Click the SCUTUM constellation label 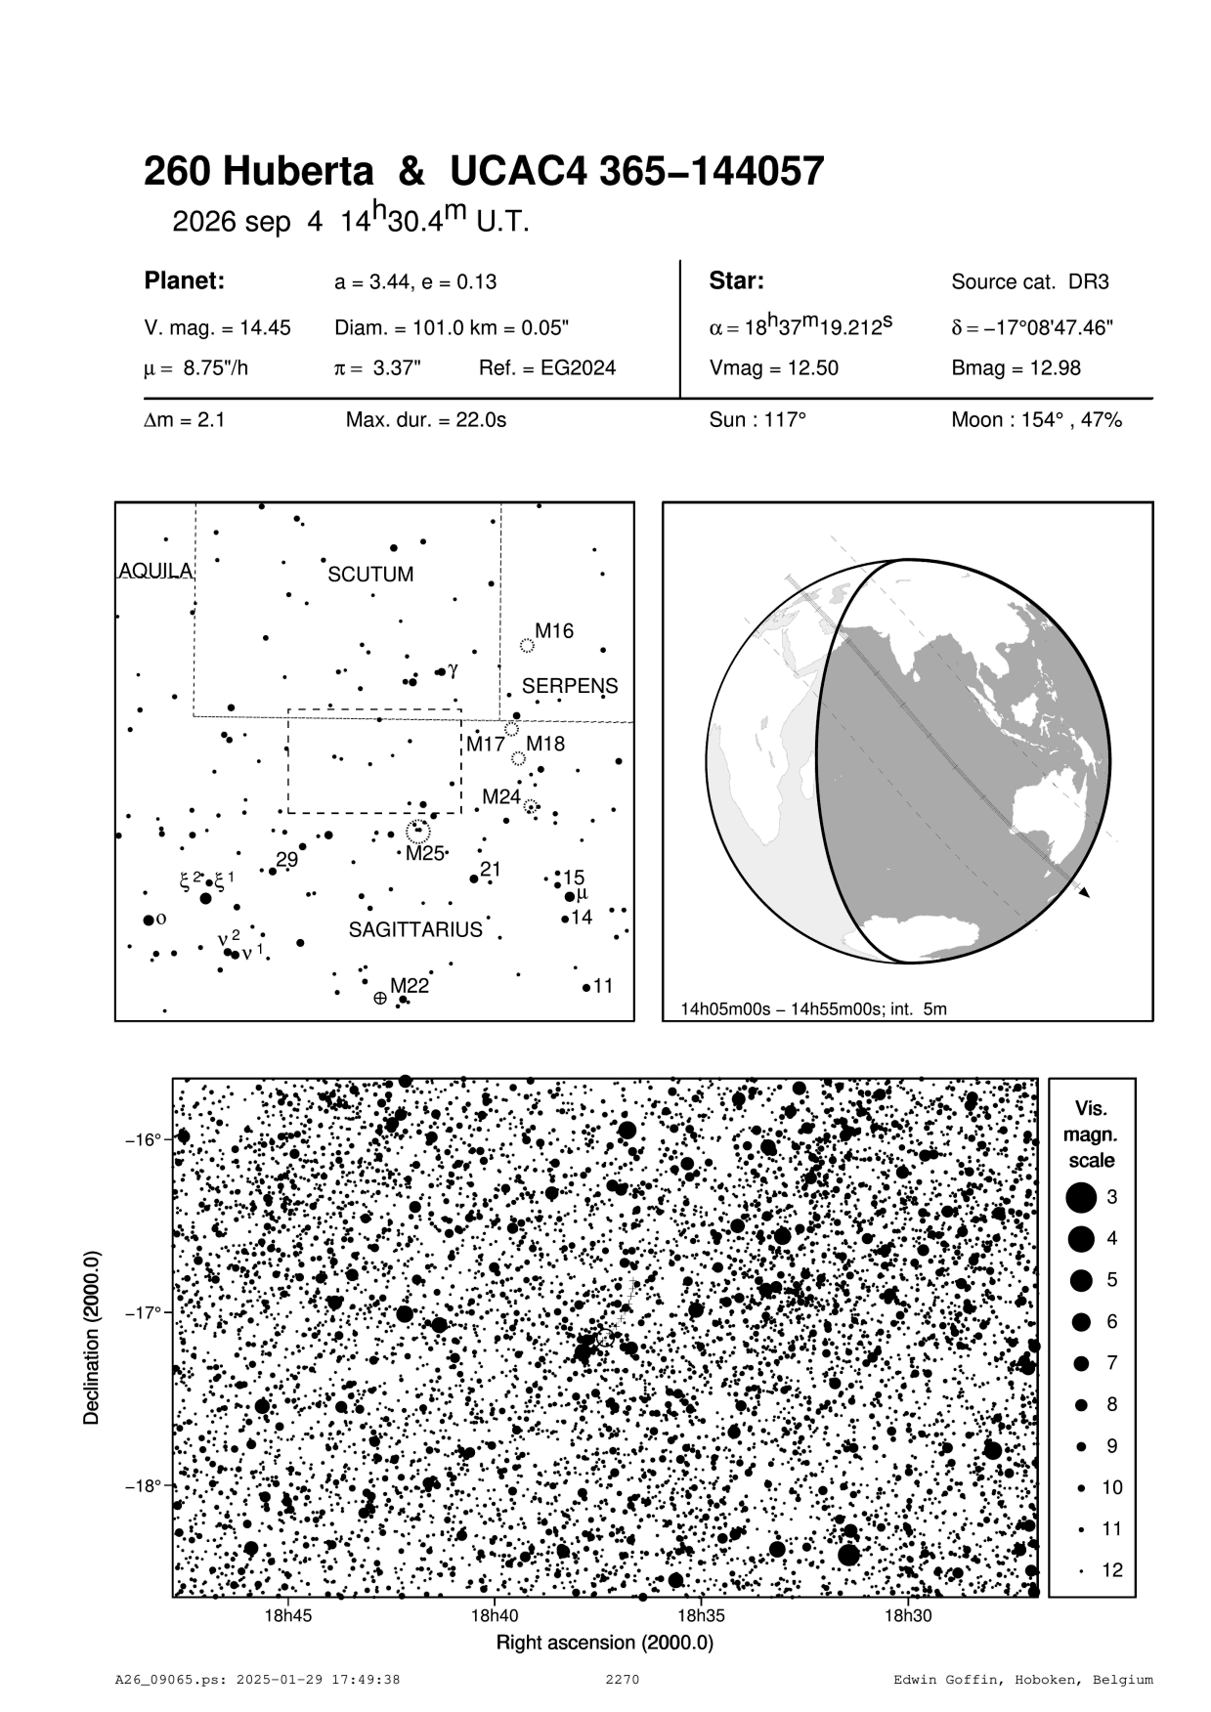pos(370,575)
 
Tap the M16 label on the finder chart pos(553,631)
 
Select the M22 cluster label pos(410,986)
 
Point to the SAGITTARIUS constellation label pos(415,929)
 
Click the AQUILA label pos(155,571)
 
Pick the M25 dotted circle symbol pos(418,832)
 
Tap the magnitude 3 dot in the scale pos(1080,1196)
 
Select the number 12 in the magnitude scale pos(1112,1570)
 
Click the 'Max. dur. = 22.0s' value pos(426,421)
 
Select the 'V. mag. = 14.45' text pos(217,328)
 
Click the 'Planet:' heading pos(185,281)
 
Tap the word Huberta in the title pos(298,173)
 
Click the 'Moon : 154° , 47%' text pos(1036,421)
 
